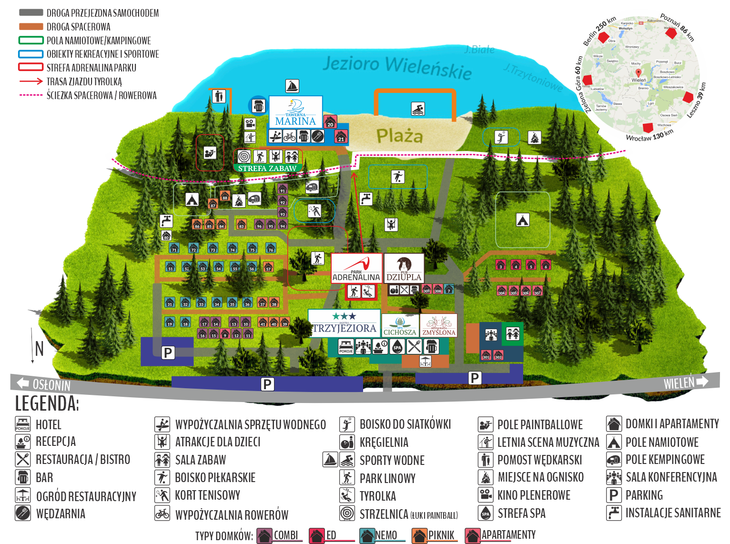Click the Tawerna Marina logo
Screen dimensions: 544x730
[295, 112]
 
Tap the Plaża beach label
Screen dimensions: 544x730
[399, 136]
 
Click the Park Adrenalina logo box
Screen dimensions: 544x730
[356, 269]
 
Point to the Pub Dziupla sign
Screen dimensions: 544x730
[404, 268]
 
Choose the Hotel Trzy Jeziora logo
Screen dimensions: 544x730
[344, 323]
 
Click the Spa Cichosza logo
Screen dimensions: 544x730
[400, 325]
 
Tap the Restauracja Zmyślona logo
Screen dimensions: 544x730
[438, 325]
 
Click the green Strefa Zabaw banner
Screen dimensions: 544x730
[267, 168]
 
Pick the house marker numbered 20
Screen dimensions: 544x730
[330, 122]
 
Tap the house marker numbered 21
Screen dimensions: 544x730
[341, 137]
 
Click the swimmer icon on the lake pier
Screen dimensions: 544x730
[417, 109]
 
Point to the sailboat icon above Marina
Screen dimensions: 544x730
[292, 86]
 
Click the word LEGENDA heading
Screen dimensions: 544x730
[47, 403]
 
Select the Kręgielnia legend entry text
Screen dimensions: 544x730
[384, 442]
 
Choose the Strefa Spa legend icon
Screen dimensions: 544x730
[486, 513]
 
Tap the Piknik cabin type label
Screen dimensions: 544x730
[441, 535]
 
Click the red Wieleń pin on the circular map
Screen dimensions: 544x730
[639, 73]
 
